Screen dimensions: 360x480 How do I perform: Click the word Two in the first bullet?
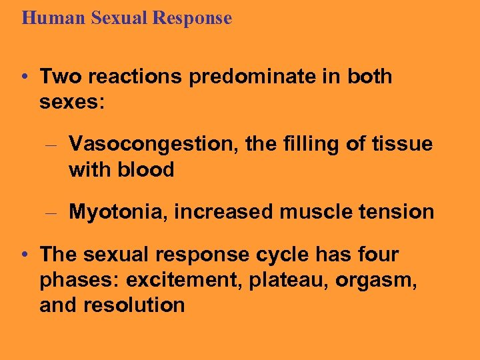59,77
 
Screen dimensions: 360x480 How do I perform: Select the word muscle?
315,212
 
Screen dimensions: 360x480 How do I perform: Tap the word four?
377,255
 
